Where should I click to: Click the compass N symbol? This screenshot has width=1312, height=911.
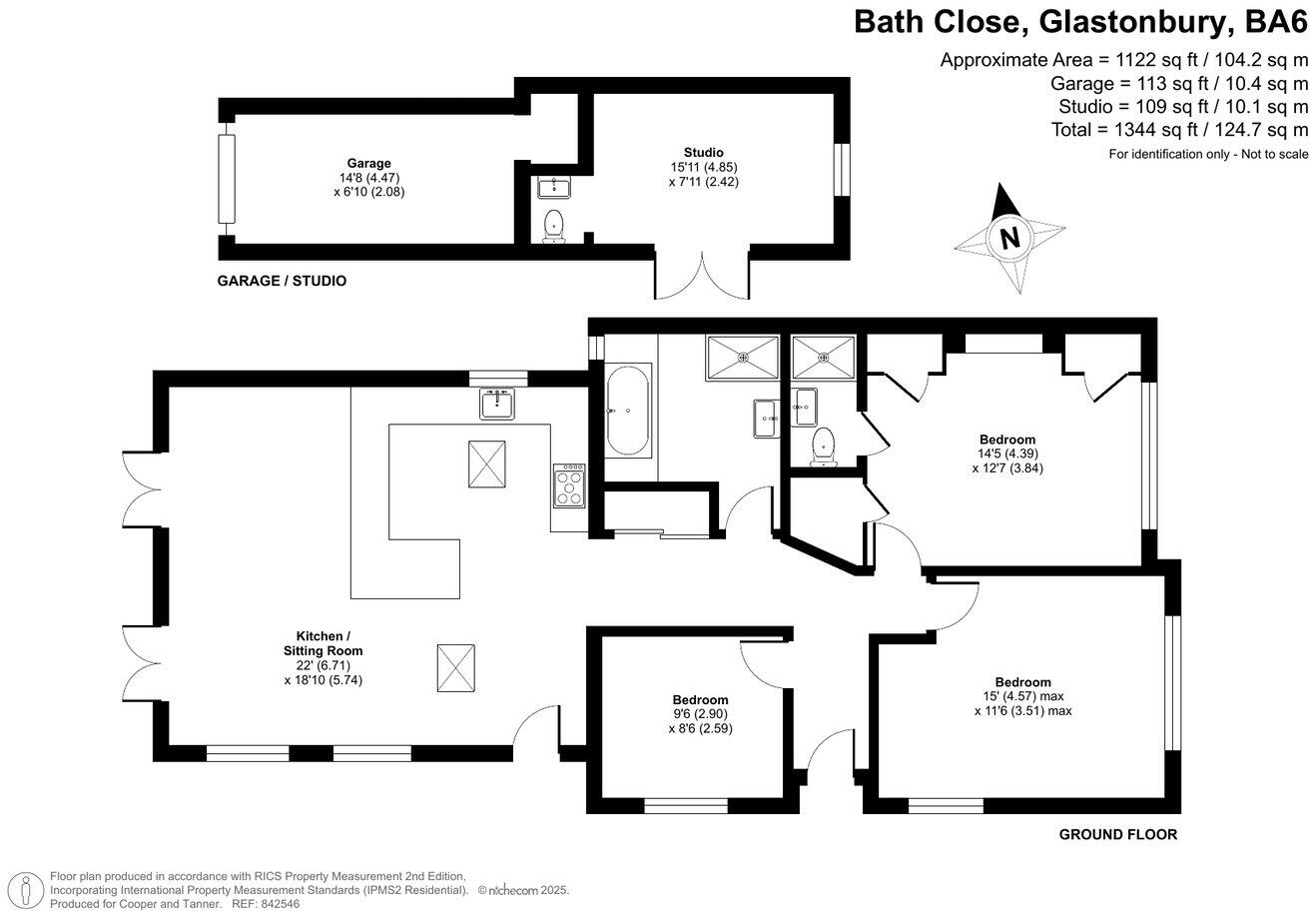pyautogui.click(x=1010, y=239)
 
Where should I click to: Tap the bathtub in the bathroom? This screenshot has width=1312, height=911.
pyautogui.click(x=628, y=411)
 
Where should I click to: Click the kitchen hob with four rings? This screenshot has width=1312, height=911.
pyautogui.click(x=570, y=486)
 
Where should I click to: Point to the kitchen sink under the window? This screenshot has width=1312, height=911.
pyautogui.click(x=497, y=404)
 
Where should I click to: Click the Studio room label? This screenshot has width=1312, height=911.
pyautogui.click(x=704, y=153)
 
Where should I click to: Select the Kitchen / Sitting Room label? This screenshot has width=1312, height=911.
pyautogui.click(x=323, y=643)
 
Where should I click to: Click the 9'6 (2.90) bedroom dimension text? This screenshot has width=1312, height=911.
pyautogui.click(x=699, y=714)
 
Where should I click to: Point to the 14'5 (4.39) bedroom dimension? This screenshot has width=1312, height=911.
pyautogui.click(x=1006, y=453)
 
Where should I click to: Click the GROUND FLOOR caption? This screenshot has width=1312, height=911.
pyautogui.click(x=1117, y=834)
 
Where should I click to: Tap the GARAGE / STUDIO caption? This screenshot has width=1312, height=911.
pyautogui.click(x=282, y=281)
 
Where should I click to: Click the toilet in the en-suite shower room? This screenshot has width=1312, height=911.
pyautogui.click(x=823, y=446)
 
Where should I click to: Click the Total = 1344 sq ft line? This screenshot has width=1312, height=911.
pyautogui.click(x=1179, y=130)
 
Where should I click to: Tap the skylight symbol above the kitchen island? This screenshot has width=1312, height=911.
pyautogui.click(x=488, y=463)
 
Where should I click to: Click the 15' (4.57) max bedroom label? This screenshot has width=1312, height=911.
pyautogui.click(x=1022, y=696)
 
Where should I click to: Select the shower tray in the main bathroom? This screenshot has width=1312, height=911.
pyautogui.click(x=742, y=358)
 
